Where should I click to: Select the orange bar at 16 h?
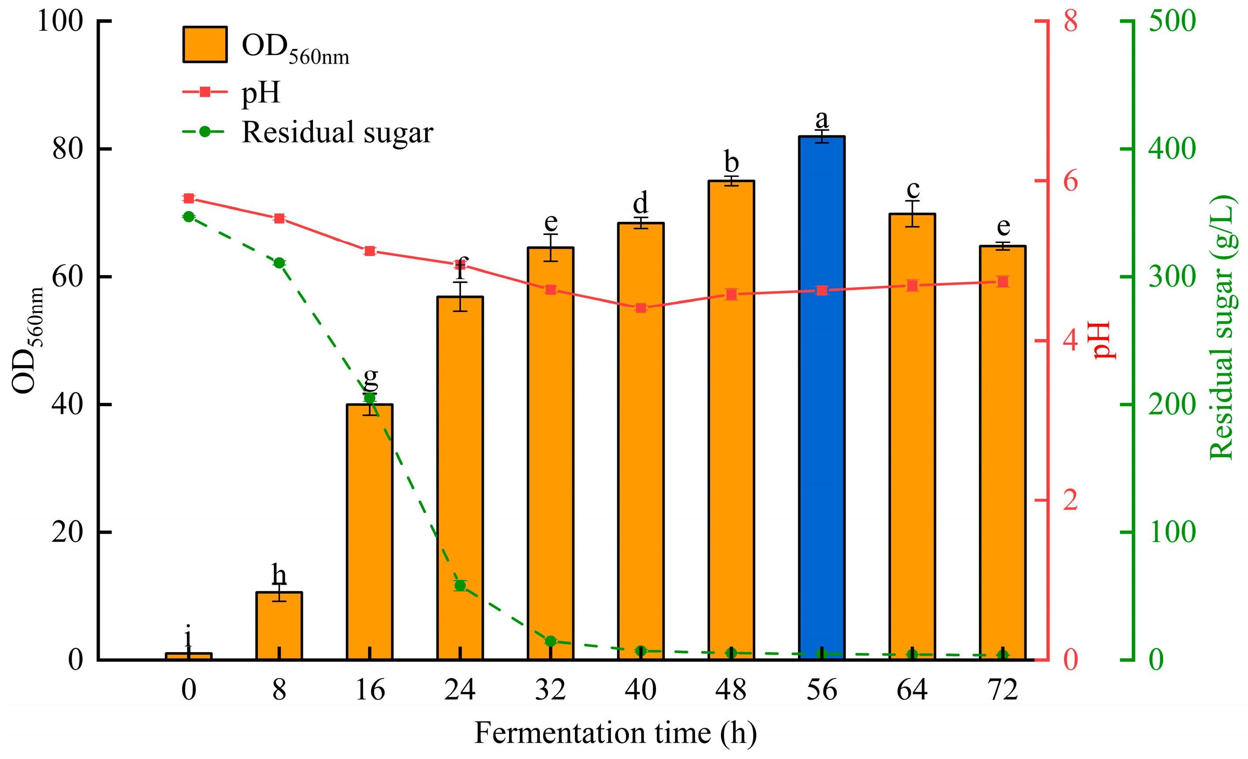tap(369, 532)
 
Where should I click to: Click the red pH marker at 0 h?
tap(188, 198)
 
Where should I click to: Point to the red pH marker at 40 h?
tap(641, 308)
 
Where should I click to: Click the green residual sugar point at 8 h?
tap(279, 263)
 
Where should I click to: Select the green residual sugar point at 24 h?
tap(460, 586)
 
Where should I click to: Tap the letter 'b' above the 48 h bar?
tap(731, 162)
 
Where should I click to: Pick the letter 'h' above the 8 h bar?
tap(279, 575)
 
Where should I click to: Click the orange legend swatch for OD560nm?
tap(205, 44)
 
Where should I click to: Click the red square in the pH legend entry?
tap(205, 92)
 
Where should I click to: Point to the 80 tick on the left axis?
tap(67, 149)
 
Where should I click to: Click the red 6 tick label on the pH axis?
tap(1070, 181)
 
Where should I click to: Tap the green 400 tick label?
tap(1171, 149)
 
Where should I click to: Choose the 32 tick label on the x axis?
tap(550, 689)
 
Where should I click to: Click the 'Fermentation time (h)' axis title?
tap(615, 733)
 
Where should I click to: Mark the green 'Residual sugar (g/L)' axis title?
tap(1221, 328)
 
